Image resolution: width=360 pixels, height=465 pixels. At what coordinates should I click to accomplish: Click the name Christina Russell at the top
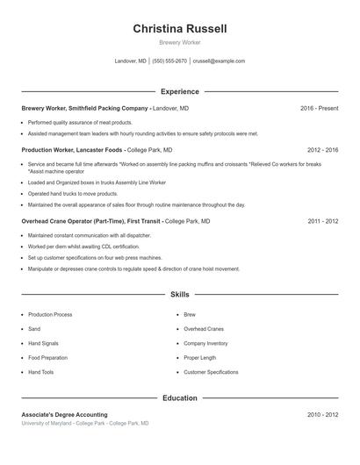coord(180,29)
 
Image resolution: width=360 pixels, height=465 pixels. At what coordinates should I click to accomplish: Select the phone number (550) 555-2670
coord(169,61)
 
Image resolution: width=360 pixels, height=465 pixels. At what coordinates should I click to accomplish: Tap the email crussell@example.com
coord(219,61)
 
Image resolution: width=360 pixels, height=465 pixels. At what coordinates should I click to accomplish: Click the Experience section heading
coord(180,91)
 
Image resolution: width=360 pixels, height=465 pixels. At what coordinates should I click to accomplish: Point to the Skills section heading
coord(180,295)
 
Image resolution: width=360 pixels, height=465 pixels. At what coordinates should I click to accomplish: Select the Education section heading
coord(180,398)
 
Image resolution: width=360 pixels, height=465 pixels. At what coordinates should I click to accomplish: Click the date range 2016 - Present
coord(319,108)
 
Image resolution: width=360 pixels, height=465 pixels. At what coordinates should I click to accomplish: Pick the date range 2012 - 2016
coord(322,150)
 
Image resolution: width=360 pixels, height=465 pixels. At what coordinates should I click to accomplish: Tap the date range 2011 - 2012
coord(322,222)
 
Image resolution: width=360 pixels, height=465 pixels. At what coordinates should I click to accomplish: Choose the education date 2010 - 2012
coord(322,414)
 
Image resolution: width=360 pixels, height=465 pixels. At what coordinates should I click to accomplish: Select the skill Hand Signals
coord(45,343)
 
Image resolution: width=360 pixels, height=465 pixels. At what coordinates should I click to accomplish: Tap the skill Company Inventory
coord(205,343)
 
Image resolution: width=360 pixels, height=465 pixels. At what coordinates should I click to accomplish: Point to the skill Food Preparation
coord(48,358)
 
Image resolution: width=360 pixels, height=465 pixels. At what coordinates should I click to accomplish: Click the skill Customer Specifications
coord(211,372)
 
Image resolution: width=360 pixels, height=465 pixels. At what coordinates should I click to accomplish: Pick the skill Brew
coord(190,314)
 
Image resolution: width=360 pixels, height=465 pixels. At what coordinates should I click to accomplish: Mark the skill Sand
coord(34,329)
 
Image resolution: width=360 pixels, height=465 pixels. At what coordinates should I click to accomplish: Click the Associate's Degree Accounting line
coord(64,414)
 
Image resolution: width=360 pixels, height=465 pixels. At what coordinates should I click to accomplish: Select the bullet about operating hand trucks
coord(72,194)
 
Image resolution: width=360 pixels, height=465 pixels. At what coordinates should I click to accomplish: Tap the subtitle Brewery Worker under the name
coord(180,43)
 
